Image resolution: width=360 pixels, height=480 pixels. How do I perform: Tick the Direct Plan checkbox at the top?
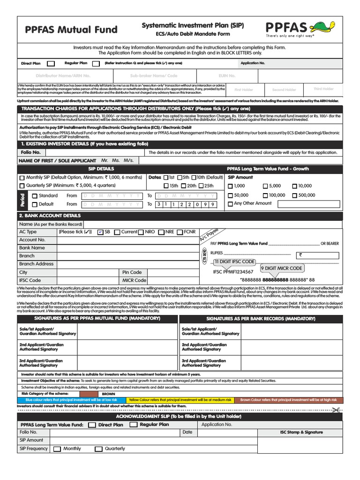click(51, 63)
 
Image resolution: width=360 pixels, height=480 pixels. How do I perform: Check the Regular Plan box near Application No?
click(96, 63)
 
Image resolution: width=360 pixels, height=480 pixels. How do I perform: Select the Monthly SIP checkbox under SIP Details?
click(22, 178)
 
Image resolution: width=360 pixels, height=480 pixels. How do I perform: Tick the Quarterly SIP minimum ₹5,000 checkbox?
click(22, 186)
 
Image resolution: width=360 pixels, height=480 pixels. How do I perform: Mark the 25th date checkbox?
click(202, 186)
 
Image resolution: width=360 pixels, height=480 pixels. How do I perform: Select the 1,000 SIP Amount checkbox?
click(230, 186)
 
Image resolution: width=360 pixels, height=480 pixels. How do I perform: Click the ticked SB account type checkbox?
click(100, 232)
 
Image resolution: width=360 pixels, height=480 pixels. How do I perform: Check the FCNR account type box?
click(180, 232)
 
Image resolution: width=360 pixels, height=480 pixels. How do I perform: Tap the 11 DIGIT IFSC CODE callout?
click(234, 262)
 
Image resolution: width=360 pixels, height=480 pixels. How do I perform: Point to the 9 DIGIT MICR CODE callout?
click(281, 268)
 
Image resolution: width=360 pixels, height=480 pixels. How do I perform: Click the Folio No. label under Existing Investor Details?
click(31, 152)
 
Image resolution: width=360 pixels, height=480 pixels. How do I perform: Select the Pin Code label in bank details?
click(132, 272)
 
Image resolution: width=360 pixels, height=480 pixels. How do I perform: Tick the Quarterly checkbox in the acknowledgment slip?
click(98, 449)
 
